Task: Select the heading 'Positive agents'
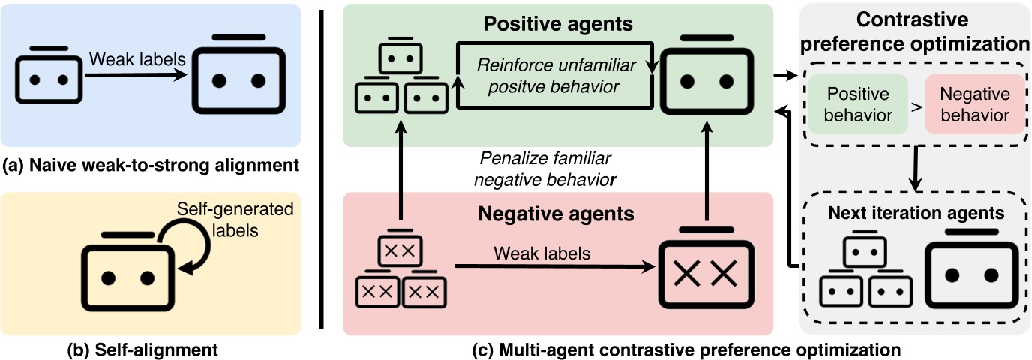coord(558,23)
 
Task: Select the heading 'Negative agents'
coord(557,214)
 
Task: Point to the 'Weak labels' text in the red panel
coord(541,253)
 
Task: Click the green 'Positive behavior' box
coord(858,105)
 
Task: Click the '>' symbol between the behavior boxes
coord(916,106)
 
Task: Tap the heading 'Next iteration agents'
coord(916,213)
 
